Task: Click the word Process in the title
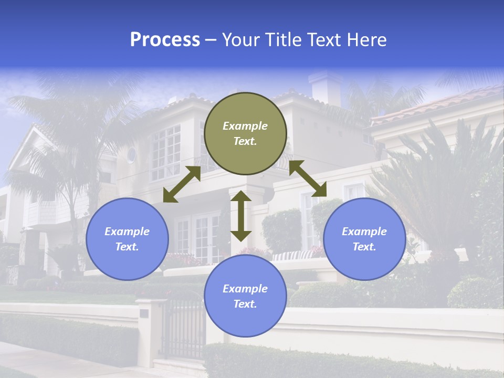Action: pyautogui.click(x=165, y=40)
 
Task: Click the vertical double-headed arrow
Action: pyautogui.click(x=241, y=216)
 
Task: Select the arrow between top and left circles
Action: pyautogui.click(x=182, y=184)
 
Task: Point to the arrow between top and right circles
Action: pyautogui.click(x=308, y=178)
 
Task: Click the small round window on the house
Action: pyautogui.click(x=131, y=155)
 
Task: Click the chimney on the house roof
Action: pyautogui.click(x=325, y=87)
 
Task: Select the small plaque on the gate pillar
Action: pyautogui.click(x=144, y=313)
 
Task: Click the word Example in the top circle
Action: pyautogui.click(x=245, y=126)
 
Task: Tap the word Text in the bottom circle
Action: pyautogui.click(x=245, y=304)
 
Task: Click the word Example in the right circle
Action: pyautogui.click(x=364, y=232)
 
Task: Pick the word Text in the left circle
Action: pyautogui.click(x=127, y=247)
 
